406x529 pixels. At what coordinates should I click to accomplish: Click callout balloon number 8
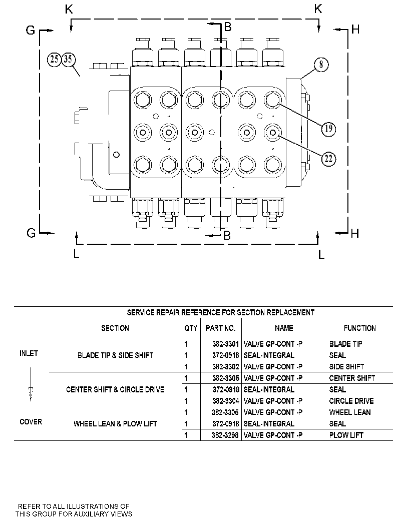321,65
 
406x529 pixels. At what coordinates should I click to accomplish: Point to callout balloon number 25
54,60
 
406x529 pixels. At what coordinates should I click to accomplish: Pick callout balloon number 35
68,60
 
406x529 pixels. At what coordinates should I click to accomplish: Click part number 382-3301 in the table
225,344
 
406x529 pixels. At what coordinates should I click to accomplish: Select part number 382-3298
225,435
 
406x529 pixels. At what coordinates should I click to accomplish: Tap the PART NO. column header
221,328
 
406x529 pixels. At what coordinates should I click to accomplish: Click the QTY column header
191,328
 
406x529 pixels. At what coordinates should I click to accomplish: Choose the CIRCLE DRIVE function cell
351,401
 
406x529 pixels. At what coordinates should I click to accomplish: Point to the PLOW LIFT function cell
346,435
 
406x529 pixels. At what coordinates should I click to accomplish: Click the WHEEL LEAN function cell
350,412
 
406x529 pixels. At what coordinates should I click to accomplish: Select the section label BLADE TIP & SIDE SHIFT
116,355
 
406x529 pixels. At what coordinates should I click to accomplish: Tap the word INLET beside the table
29,353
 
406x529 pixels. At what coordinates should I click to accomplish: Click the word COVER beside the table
31,422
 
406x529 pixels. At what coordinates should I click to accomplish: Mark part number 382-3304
225,401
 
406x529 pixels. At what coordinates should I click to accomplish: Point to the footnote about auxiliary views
74,510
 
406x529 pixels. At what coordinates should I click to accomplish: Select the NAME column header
284,328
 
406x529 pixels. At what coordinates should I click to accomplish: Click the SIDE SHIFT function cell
346,367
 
